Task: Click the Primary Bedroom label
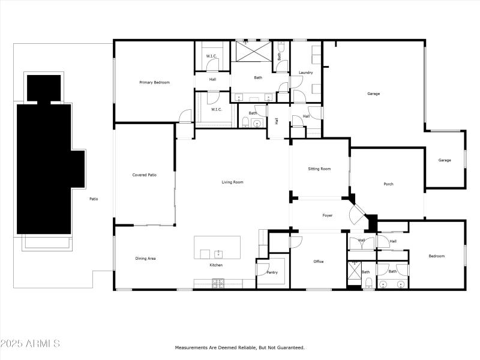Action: pyautogui.click(x=154, y=82)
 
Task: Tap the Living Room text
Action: pyautogui.click(x=233, y=182)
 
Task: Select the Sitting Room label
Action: pyautogui.click(x=319, y=169)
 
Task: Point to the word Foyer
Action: pyautogui.click(x=328, y=215)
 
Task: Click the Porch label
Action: pyautogui.click(x=388, y=184)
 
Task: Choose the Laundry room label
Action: pyautogui.click(x=305, y=73)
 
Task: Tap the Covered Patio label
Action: pyautogui.click(x=144, y=175)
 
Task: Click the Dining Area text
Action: pyautogui.click(x=145, y=258)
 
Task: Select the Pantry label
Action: pyautogui.click(x=272, y=272)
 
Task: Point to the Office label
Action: pyautogui.click(x=319, y=262)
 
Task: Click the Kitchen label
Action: pyautogui.click(x=216, y=265)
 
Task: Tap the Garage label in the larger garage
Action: pyautogui.click(x=374, y=94)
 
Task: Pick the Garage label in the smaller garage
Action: pyautogui.click(x=444, y=160)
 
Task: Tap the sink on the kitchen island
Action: pyautogui.click(x=219, y=253)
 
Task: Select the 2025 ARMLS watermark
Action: pyautogui.click(x=30, y=344)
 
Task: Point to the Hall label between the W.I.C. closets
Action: pyautogui.click(x=212, y=79)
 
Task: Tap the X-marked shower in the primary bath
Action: pyautogui.click(x=252, y=51)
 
